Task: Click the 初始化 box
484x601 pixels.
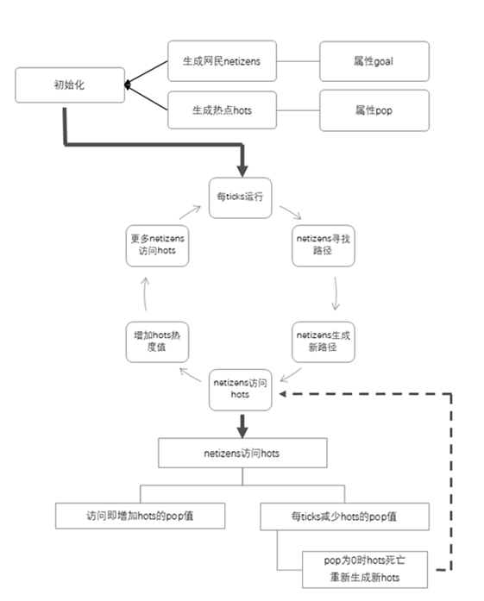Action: click(x=70, y=85)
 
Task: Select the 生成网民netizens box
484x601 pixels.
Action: click(x=222, y=61)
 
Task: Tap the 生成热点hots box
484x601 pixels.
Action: click(x=222, y=110)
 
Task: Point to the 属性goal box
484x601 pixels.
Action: click(x=374, y=61)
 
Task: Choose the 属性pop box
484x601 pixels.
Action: click(x=374, y=110)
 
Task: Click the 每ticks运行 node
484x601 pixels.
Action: click(x=241, y=197)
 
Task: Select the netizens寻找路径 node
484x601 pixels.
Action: click(x=324, y=246)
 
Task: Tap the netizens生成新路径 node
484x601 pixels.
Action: click(x=324, y=342)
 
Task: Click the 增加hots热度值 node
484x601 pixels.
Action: click(x=157, y=342)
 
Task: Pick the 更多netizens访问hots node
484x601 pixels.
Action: click(x=157, y=246)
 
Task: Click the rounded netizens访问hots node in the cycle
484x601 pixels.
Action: click(x=241, y=390)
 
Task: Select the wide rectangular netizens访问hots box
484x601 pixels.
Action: click(x=242, y=453)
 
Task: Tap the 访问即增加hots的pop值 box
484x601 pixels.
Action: click(x=140, y=516)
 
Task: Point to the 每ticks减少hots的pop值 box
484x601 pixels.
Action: click(x=344, y=516)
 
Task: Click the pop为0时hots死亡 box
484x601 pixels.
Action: click(x=365, y=570)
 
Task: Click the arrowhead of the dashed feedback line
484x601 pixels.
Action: click(x=283, y=394)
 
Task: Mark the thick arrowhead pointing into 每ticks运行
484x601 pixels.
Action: click(x=242, y=171)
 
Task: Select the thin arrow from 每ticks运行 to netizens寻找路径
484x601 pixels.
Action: click(x=291, y=212)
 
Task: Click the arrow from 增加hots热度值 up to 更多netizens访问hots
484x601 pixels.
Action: click(x=145, y=294)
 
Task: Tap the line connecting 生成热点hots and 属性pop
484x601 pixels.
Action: click(x=298, y=110)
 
